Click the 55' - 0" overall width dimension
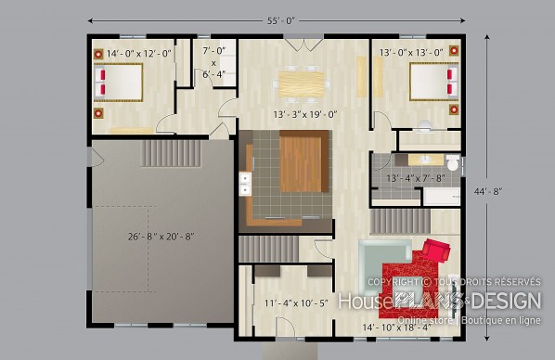pos(280,21)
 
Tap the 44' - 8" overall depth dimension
pos(488,191)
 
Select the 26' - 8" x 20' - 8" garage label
pos(161,237)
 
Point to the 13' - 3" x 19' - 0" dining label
pos(305,115)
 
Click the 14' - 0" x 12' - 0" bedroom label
pos(139,54)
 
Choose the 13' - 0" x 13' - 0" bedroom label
pos(411,53)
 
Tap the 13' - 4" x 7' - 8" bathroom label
pos(416,178)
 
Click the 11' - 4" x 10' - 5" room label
pos(296,303)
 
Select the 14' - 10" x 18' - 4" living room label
pos(396,328)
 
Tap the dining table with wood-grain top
pos(302,84)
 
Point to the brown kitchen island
pos(304,161)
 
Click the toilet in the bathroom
pos(453,162)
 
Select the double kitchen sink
pos(245,184)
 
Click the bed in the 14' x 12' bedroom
pos(118,83)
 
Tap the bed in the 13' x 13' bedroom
pos(434,82)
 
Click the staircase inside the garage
pos(171,153)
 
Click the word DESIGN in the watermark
pos(507,301)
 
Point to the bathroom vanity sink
pos(425,160)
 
